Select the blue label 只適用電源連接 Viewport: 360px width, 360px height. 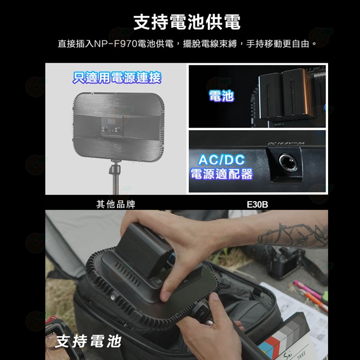pyautogui.click(x=118, y=78)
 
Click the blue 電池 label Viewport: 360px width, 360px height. pyautogui.click(x=222, y=95)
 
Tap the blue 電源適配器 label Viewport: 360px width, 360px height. pyautogui.click(x=222, y=174)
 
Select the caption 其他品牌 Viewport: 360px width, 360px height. pyautogui.click(x=116, y=204)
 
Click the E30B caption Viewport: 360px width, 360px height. pyautogui.click(x=257, y=205)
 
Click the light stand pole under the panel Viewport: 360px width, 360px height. pyautogui.click(x=114, y=177)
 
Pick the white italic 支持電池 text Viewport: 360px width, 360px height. pyautogui.click(x=88, y=340)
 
